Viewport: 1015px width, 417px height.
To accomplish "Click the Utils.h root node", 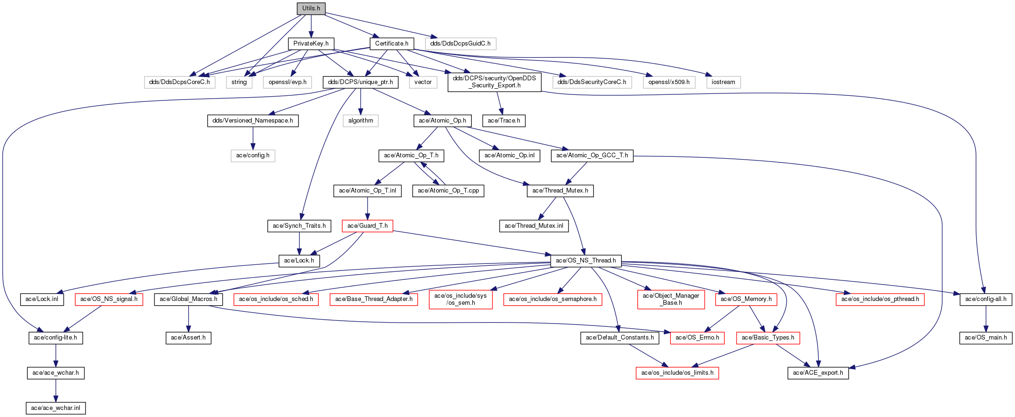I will pos(311,8).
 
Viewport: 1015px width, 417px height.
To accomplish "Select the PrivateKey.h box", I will pos(311,44).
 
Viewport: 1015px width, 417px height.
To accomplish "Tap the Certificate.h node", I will pos(392,44).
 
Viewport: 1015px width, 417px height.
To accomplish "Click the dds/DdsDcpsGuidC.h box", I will pos(460,44).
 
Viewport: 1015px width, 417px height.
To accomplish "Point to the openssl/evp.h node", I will pos(287,82).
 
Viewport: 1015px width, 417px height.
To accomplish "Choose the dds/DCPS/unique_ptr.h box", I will pos(360,82).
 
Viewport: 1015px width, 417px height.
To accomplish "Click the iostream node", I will pos(723,82).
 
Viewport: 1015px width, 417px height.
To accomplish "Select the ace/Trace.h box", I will pos(504,121).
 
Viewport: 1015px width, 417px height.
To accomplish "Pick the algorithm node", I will pos(361,121).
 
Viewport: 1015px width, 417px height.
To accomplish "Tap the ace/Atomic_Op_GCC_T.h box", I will pos(592,155).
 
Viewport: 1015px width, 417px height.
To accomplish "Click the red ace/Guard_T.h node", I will pos(367,226).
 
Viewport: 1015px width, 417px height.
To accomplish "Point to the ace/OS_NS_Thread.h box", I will pos(585,261).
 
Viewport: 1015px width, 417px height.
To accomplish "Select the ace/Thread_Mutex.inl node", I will pos(534,226).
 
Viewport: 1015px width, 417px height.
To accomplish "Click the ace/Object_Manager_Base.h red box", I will pos(671,299).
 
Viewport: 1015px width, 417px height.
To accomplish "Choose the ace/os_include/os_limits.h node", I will pos(677,373).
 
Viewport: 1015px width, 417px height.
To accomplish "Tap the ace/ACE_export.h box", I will pos(818,373).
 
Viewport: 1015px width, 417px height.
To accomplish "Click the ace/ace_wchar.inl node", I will pos(55,408).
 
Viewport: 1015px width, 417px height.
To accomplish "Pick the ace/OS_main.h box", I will pos(985,338).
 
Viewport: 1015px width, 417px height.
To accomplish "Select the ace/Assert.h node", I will pos(188,338).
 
